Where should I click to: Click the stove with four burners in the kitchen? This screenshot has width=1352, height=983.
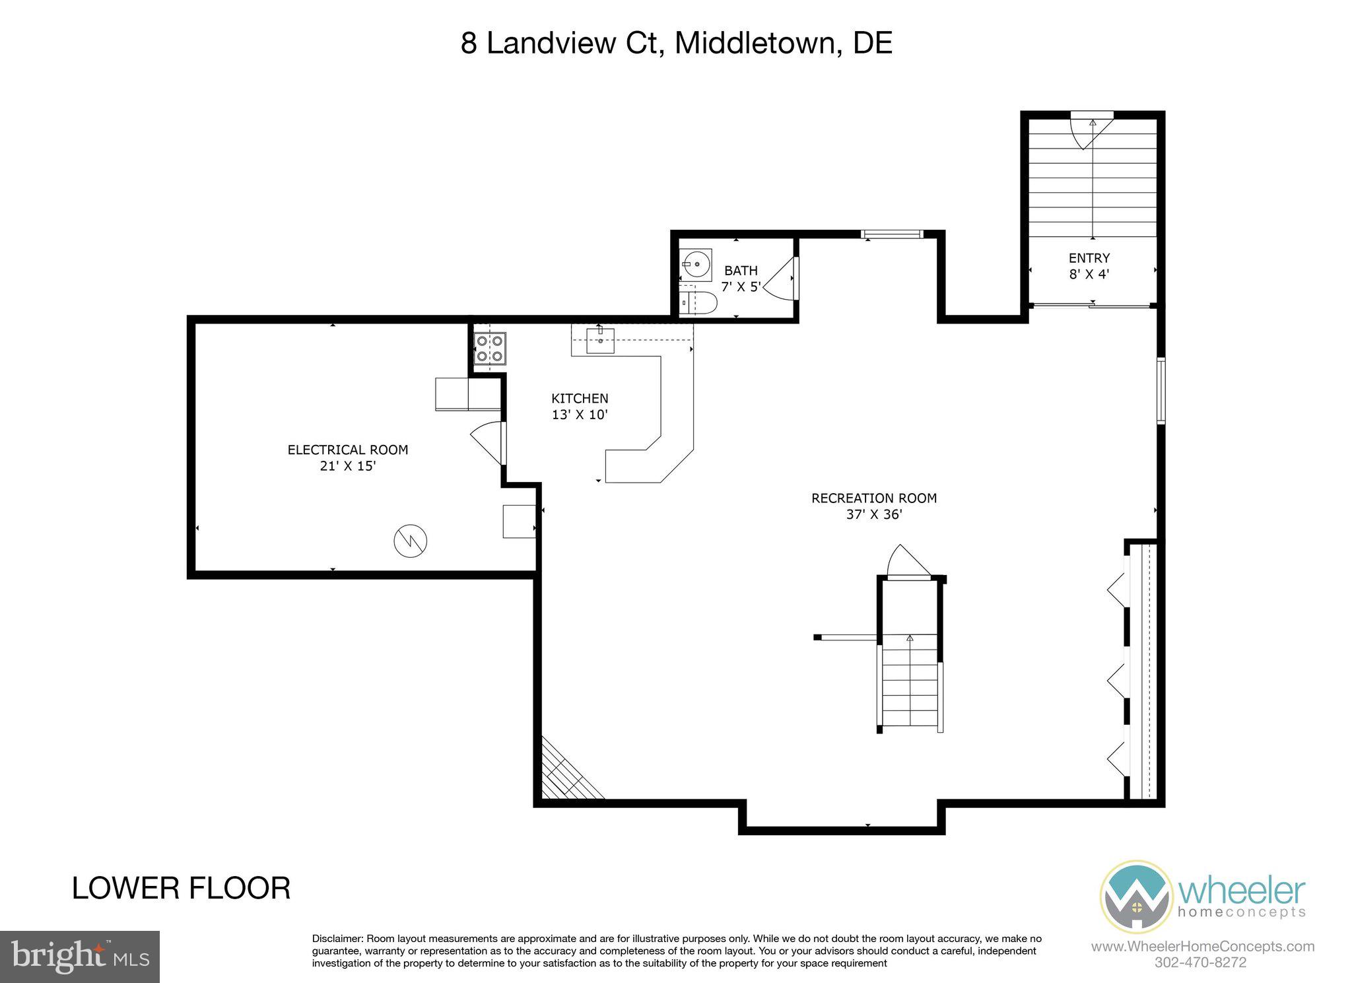[489, 349]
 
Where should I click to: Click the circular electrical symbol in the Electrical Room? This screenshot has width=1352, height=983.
[410, 541]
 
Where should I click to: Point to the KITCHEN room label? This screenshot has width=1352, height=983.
[580, 399]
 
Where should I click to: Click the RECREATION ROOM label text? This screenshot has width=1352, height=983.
[873, 498]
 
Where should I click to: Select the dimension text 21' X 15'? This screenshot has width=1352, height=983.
[347, 466]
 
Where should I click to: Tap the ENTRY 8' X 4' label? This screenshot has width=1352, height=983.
[1089, 265]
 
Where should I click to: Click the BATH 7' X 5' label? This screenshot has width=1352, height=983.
[741, 279]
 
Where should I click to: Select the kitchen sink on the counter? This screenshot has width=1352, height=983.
[600, 341]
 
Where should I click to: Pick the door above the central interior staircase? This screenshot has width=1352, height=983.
[908, 563]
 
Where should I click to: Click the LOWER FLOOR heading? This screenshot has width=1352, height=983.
[181, 888]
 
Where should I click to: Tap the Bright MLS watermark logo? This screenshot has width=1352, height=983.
[80, 956]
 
